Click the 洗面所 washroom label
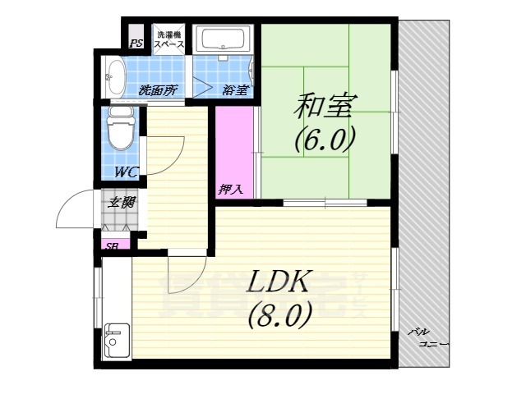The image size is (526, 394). (x=158, y=90)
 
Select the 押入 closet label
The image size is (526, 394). (x=230, y=189)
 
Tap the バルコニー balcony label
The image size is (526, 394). (x=428, y=337)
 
